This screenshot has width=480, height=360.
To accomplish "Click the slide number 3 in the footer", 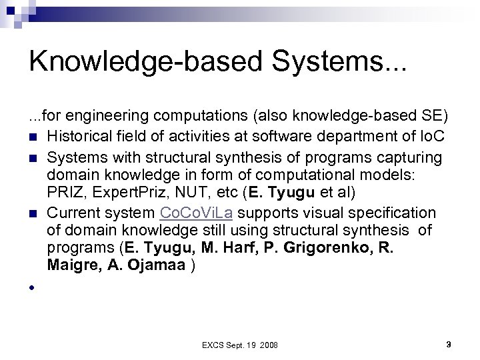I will point(449,345).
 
